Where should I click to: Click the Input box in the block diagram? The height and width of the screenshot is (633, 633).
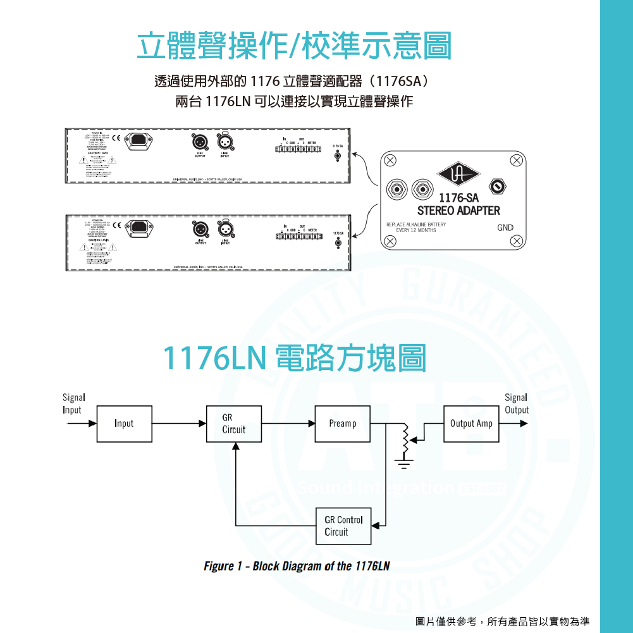124,424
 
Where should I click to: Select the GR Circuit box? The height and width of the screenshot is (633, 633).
234,424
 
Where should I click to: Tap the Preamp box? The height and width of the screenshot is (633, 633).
342,424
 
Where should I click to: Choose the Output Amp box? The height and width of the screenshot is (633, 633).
471,424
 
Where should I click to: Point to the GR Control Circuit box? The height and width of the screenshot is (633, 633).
343,526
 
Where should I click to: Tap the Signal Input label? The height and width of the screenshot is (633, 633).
73,403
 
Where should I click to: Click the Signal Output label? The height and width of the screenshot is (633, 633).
516,403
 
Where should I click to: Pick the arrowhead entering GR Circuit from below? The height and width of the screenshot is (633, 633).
235,446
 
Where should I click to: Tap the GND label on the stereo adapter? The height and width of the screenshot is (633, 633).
505,228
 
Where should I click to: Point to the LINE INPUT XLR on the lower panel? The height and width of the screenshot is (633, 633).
225,228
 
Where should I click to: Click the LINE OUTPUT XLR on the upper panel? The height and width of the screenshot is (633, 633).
200,141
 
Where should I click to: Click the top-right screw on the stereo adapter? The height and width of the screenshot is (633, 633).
517,161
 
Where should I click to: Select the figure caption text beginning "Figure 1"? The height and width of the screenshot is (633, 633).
297,566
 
